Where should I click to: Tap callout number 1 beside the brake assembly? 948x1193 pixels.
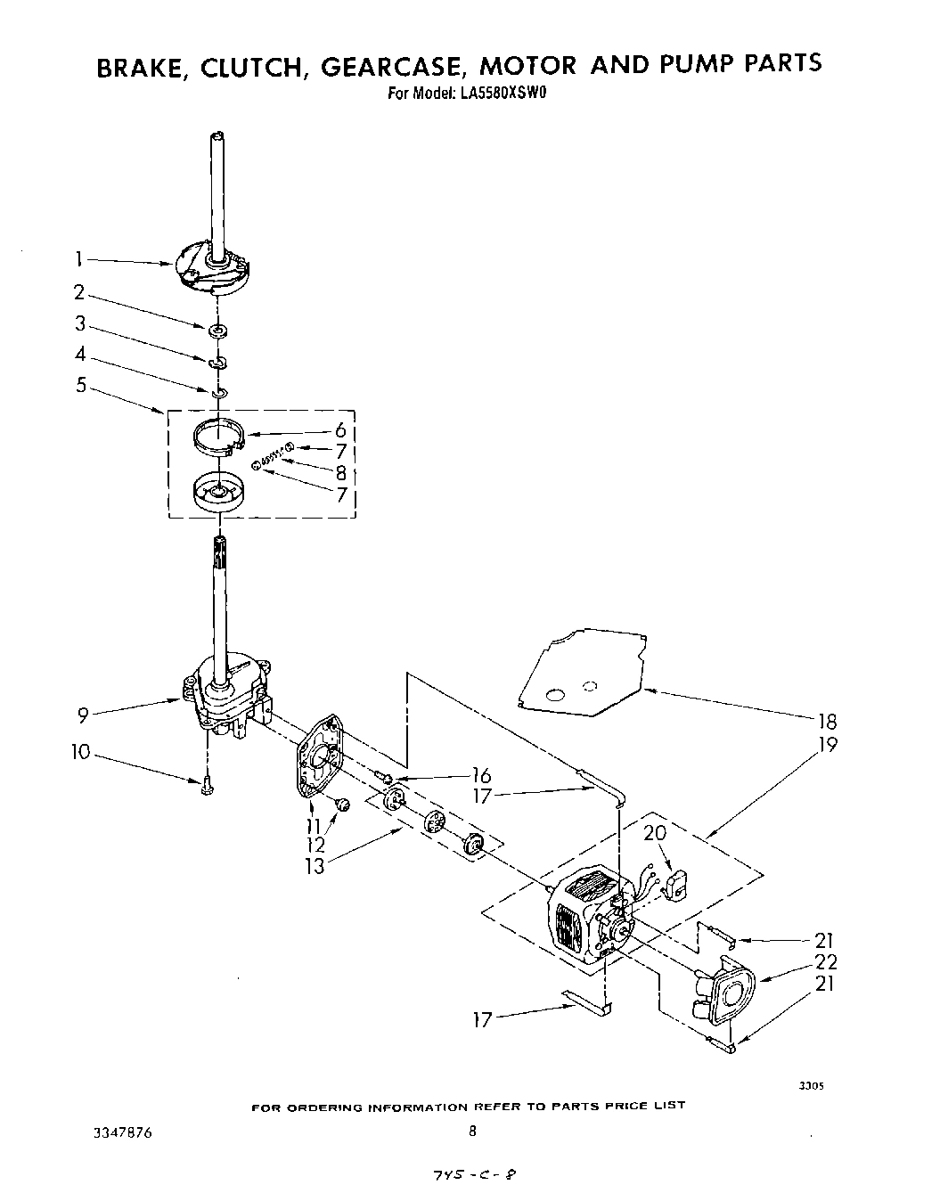tap(78, 259)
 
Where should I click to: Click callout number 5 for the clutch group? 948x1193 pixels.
tap(79, 388)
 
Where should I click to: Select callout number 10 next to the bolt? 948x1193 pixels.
tap(80, 753)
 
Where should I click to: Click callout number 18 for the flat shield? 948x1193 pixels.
tap(828, 722)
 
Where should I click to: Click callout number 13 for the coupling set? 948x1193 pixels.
tap(315, 864)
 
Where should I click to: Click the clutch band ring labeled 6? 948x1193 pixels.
tap(219, 437)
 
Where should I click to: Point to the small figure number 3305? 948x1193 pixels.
tap(810, 1086)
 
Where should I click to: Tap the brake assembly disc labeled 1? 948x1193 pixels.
tap(214, 269)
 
